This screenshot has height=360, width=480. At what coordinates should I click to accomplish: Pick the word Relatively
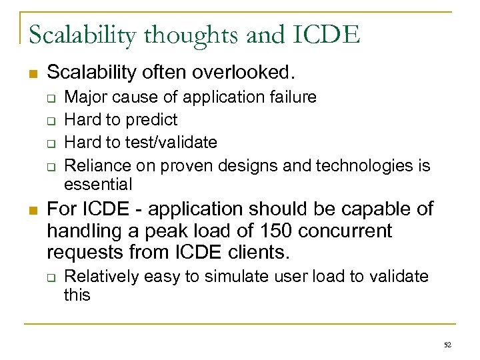(99, 275)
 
